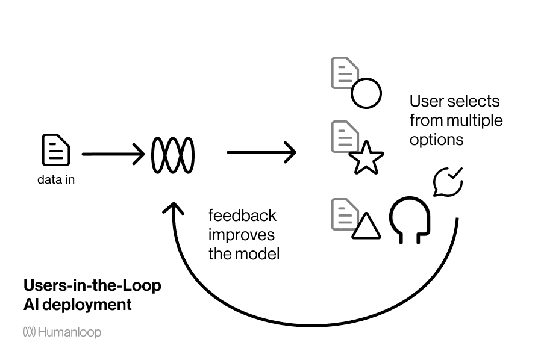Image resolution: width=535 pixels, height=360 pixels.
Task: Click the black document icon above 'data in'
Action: click(x=55, y=150)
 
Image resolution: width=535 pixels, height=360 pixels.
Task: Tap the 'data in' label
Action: click(x=56, y=179)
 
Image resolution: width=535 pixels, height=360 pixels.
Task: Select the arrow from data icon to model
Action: click(x=113, y=155)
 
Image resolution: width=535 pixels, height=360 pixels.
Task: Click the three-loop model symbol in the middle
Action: click(x=173, y=155)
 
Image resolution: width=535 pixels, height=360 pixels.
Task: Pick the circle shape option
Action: click(x=366, y=94)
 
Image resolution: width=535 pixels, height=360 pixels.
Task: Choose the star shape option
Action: click(x=366, y=158)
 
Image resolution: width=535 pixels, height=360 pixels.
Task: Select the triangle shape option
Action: click(x=366, y=226)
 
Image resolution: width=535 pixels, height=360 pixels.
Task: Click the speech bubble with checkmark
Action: click(x=448, y=181)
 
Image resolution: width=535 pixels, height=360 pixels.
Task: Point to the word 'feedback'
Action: click(x=242, y=216)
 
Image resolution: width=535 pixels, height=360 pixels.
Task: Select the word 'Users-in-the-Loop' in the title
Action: click(x=92, y=285)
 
